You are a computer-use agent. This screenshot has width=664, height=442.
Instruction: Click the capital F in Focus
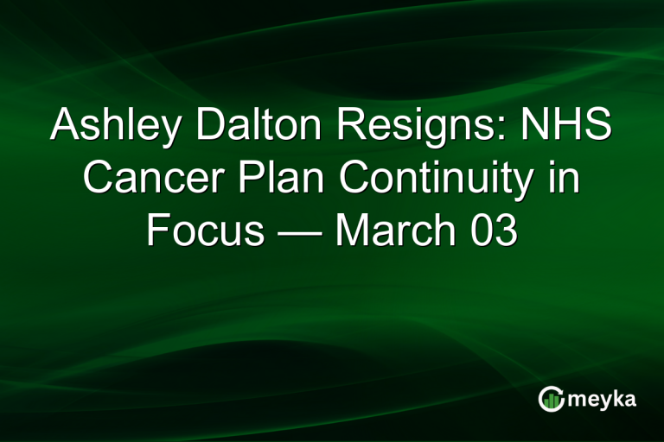pyautogui.click(x=157, y=232)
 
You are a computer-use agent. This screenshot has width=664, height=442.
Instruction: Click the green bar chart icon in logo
pyautogui.click(x=551, y=399)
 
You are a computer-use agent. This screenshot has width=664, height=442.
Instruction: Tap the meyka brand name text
pyautogui.click(x=602, y=400)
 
